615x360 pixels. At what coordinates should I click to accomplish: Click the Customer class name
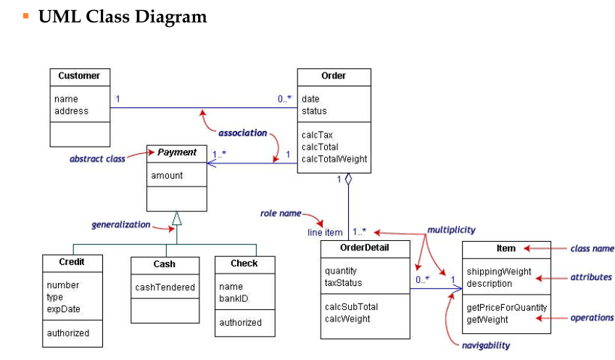pos(79,75)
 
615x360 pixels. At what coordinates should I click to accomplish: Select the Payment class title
pos(176,152)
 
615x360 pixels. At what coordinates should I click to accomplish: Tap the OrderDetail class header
pos(364,247)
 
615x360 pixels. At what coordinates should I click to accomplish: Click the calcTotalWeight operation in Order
pos(334,159)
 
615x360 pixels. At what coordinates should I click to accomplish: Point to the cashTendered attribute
pos(165,287)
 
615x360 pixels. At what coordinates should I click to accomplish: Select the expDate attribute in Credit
pos(63,309)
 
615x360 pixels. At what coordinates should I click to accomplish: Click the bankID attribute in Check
pos(234,299)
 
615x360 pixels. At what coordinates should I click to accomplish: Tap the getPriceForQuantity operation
pos(506,308)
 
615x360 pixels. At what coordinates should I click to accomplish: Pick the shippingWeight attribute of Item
pos(498,271)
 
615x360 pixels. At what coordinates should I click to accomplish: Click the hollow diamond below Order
pos(348,179)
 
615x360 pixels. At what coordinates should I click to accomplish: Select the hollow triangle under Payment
pos(177,218)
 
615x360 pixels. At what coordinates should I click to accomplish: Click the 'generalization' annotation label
pos(121,224)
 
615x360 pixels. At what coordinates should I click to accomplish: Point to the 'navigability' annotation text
pos(486,345)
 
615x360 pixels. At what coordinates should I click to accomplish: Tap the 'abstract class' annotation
pos(97,159)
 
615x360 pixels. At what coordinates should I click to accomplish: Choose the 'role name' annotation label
pos(281,213)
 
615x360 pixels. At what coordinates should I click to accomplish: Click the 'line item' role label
pos(325,232)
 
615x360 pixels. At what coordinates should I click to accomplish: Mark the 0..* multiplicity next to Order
pos(284,99)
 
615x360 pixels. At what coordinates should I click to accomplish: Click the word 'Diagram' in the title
pos(170,17)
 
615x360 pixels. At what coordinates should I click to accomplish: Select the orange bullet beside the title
pos(26,16)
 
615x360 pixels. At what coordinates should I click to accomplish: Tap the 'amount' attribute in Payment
pos(167,176)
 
